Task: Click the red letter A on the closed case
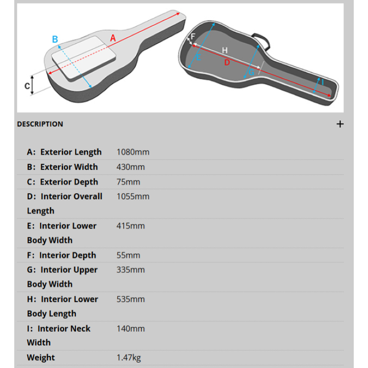tap(113, 38)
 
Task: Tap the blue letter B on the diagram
tap(55, 40)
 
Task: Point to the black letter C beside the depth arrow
tap(28, 86)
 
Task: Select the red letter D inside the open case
tap(227, 63)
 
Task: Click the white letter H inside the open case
tap(225, 50)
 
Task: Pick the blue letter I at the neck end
tap(322, 82)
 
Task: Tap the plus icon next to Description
tap(340, 124)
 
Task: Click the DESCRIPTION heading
tap(40, 124)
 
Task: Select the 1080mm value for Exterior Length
tap(133, 152)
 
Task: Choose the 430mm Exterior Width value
tap(131, 167)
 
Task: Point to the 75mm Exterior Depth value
tap(128, 182)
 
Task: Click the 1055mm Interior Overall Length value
tap(133, 196)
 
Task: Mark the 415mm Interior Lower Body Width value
tap(131, 226)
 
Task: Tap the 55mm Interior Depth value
tap(128, 255)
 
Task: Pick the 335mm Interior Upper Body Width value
tap(131, 270)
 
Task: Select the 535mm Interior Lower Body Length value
tap(131, 299)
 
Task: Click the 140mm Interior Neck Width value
tap(131, 328)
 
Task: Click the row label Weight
tap(41, 357)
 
